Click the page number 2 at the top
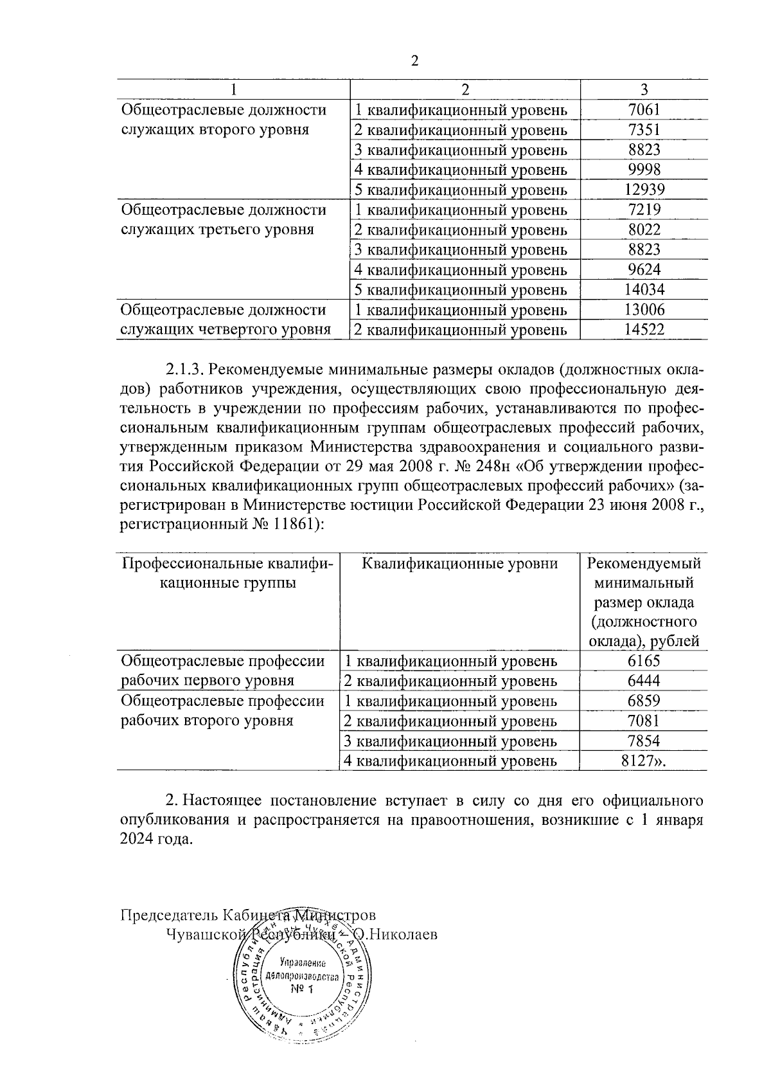tap(414, 61)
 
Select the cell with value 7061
tap(644, 110)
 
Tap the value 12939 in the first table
tap(644, 190)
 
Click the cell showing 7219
tap(644, 210)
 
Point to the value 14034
tap(644, 289)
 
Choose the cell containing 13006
tap(644, 310)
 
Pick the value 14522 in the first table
tap(644, 330)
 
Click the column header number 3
tap(644, 89)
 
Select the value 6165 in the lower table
tap(644, 661)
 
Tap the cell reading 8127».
tap(644, 761)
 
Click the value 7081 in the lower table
tap(644, 721)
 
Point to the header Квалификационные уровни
tap(459, 564)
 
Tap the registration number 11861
tap(292, 525)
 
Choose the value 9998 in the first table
tap(644, 170)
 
